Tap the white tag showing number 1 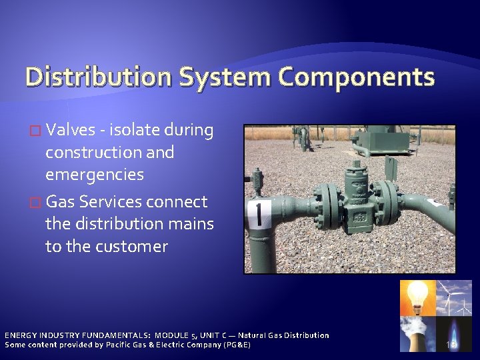point(259,215)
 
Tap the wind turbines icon point(453,297)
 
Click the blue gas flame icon point(453,333)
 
